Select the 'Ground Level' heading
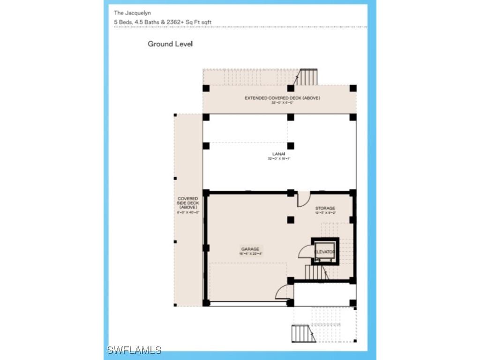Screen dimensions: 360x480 click(x=170, y=44)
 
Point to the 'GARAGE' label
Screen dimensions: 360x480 click(x=250, y=249)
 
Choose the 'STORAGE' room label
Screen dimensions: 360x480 click(x=325, y=208)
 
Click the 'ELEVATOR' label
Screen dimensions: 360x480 click(x=325, y=252)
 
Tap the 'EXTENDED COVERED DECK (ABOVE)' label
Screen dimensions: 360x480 click(x=282, y=98)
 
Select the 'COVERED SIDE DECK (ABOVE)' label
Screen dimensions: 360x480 click(x=188, y=203)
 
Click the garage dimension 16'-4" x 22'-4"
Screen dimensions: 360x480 click(x=250, y=254)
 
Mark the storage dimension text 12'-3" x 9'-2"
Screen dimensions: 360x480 click(x=325, y=213)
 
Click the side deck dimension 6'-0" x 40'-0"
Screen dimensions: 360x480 click(x=188, y=212)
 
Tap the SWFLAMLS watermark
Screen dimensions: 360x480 click(x=134, y=350)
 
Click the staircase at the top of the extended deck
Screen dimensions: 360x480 click(x=308, y=77)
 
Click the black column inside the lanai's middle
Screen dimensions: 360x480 click(x=291, y=145)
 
